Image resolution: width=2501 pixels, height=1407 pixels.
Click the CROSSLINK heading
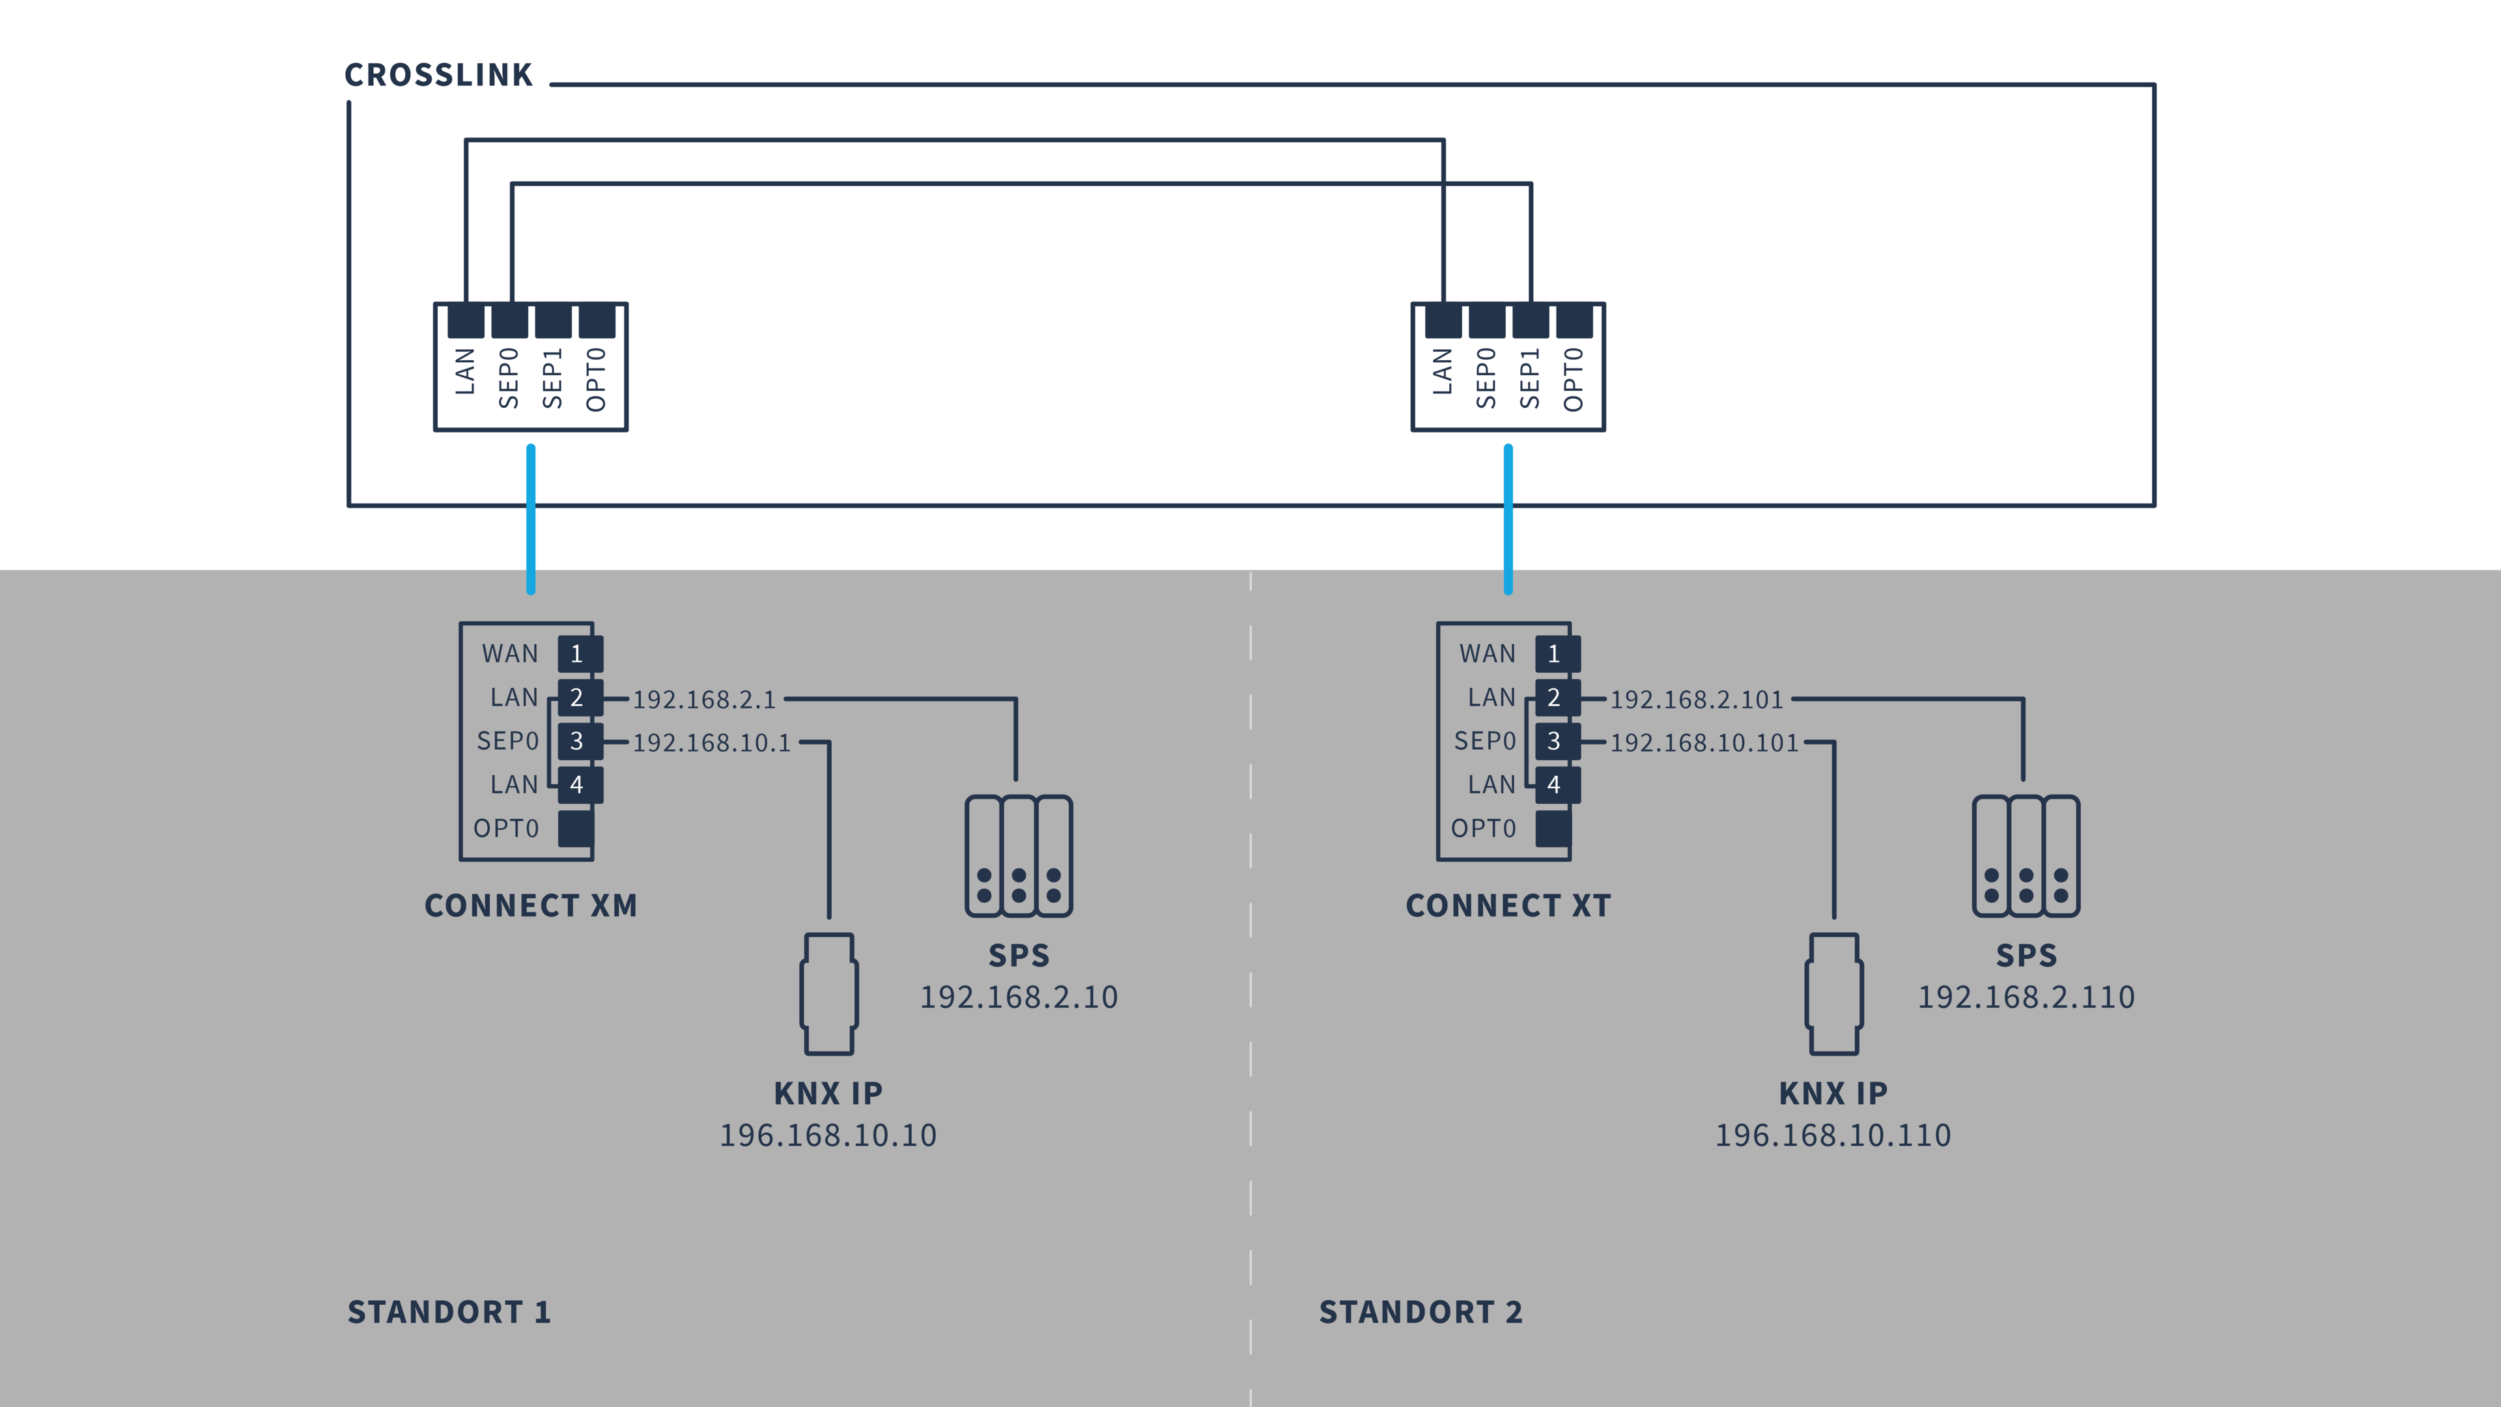pos(439,75)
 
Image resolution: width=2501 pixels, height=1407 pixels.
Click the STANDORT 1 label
pos(449,1313)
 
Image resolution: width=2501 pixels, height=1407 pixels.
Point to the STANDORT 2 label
pos(1420,1313)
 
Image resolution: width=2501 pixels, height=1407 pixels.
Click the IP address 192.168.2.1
pos(705,699)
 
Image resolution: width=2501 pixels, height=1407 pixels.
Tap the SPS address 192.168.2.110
pos(2026,997)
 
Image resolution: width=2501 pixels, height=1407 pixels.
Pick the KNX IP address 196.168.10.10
pos(828,1135)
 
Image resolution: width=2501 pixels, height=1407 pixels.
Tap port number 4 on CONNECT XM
pos(580,784)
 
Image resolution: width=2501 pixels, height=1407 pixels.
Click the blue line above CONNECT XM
pos(530,520)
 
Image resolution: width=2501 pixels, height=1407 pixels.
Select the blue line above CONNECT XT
pos(1508,520)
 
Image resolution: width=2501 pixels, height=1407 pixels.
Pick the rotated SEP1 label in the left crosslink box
pos(552,378)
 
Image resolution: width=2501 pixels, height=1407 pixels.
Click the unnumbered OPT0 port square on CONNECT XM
pos(576,829)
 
